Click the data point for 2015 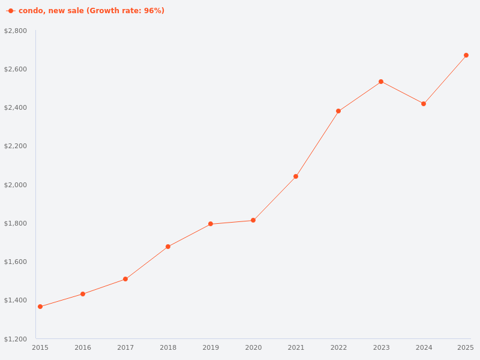40,307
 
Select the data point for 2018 168,247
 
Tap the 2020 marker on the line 253,220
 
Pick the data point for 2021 296,176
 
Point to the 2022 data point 338,111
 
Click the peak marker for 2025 466,55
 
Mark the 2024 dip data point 424,104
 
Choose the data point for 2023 381,82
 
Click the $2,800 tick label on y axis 16,31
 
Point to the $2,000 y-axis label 16,185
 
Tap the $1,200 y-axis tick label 16,339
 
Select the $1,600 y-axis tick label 16,262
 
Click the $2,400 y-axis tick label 16,107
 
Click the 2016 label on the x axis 83,347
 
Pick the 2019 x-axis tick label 211,347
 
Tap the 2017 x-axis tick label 125,347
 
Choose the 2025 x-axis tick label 465,347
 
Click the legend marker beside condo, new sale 11,11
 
